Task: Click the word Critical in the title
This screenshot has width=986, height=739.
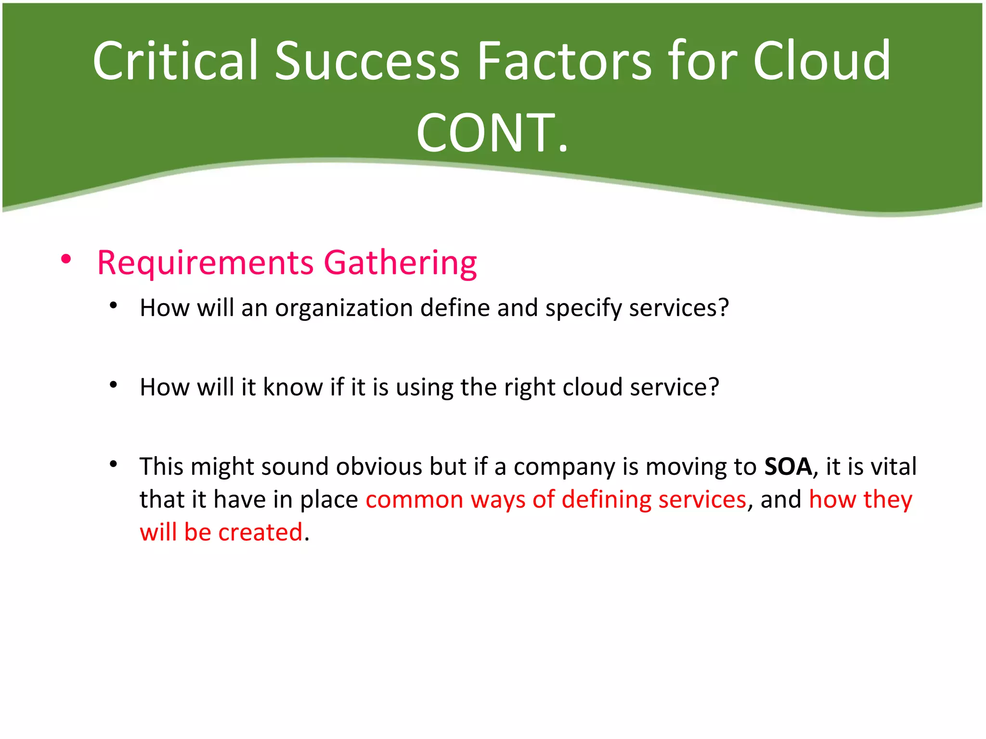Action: click(x=176, y=61)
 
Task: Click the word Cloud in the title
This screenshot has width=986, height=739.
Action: click(x=821, y=61)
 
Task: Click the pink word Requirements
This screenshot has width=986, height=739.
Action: click(x=205, y=263)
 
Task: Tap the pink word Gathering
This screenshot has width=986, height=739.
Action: click(x=400, y=264)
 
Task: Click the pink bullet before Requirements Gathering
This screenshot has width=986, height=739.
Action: click(x=66, y=260)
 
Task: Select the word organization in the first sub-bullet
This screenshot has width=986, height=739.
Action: click(x=344, y=308)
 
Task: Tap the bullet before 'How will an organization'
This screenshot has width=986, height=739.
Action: click(x=114, y=306)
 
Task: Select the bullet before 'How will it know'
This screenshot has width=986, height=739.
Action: click(x=114, y=385)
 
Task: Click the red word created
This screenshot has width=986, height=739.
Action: click(x=260, y=533)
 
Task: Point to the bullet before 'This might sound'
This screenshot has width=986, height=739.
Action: click(x=114, y=464)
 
